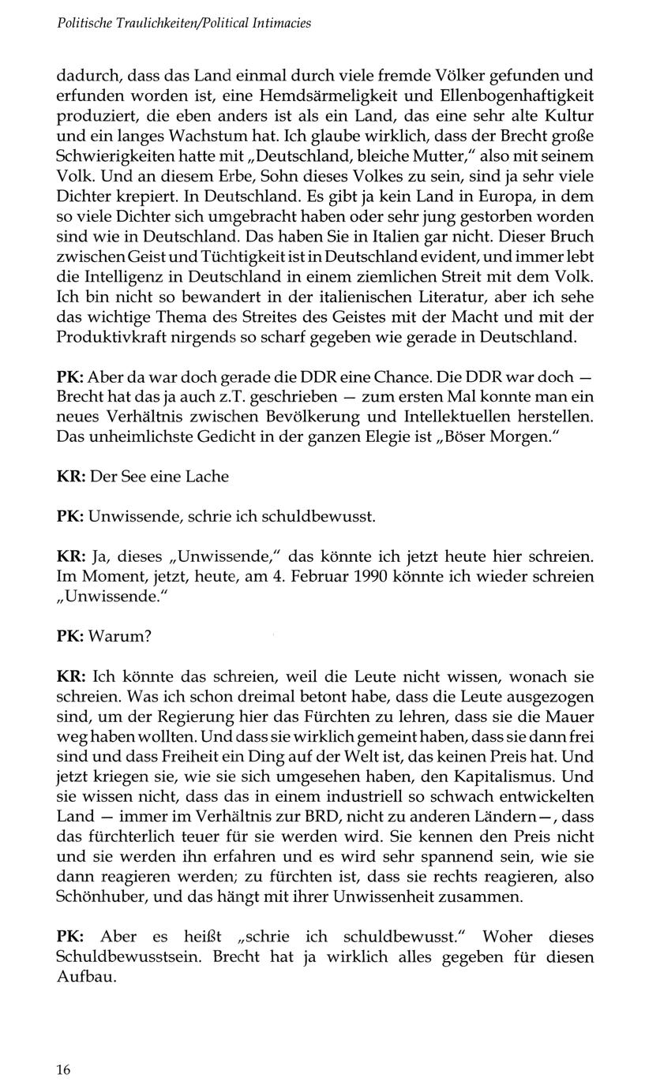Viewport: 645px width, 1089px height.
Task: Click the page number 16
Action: pos(64,1070)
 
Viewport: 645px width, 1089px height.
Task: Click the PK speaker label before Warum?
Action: pos(71,636)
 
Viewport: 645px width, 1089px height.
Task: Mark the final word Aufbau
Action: pos(87,977)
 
